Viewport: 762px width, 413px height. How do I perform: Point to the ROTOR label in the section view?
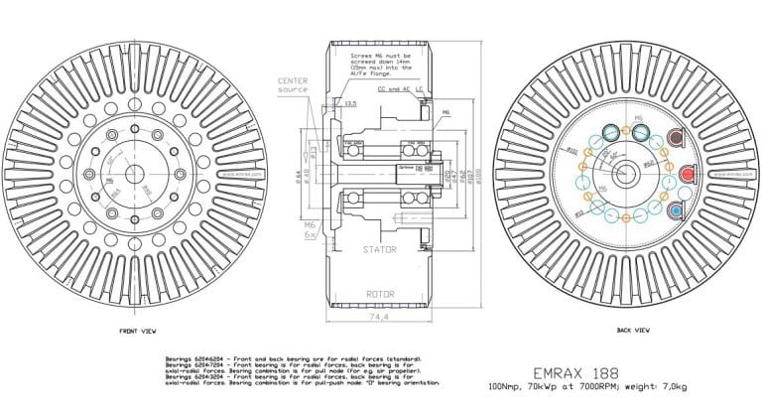point(381,294)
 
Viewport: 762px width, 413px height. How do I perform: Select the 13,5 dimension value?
point(350,102)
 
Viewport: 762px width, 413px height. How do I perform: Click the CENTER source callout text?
point(294,83)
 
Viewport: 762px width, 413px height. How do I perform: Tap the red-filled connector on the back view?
point(685,175)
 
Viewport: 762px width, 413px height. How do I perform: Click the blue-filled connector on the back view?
point(678,209)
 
